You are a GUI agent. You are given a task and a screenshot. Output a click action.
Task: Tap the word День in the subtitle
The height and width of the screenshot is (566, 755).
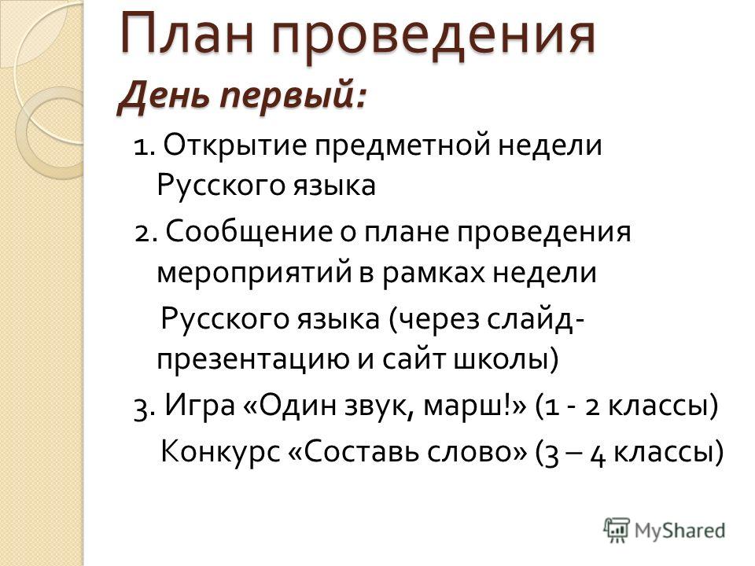(164, 95)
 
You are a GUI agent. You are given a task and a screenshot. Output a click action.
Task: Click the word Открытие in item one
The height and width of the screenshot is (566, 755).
(235, 145)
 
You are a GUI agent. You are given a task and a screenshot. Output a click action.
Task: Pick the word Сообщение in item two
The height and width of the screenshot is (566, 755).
(249, 232)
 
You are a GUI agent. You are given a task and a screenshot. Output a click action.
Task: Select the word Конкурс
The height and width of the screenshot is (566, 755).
(220, 451)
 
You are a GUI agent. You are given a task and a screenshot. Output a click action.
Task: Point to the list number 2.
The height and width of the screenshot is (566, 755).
(142, 234)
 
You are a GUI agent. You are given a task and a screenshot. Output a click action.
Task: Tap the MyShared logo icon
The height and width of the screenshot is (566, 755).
(617, 531)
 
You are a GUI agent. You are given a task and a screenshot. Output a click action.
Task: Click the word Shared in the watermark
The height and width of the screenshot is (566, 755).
(696, 531)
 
